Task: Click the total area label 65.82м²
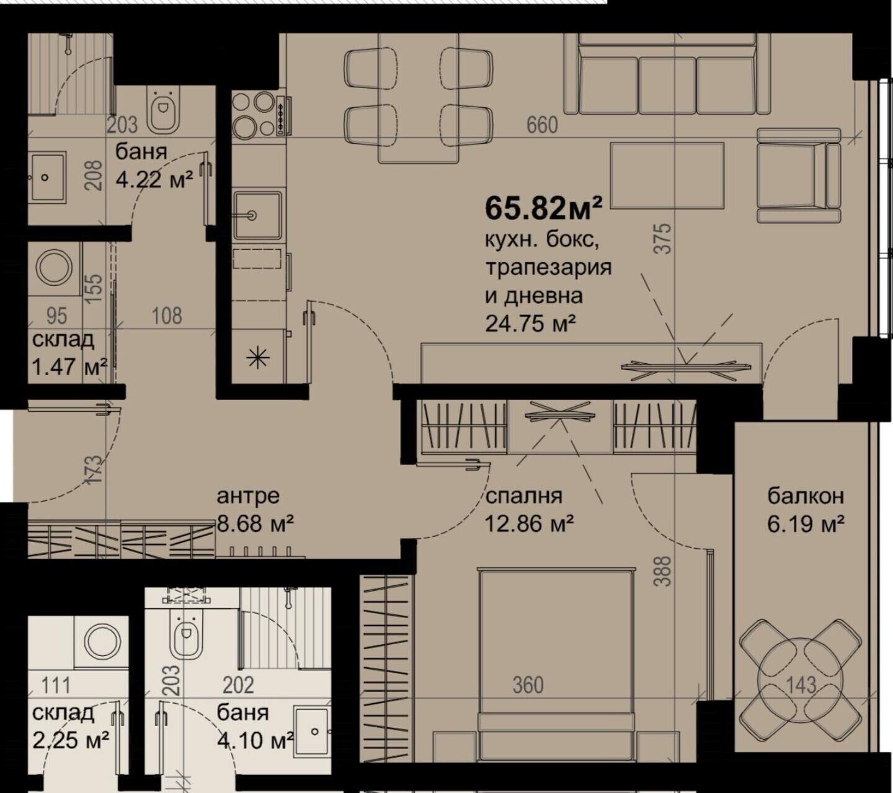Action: [x=543, y=208]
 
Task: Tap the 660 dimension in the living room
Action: [x=542, y=125]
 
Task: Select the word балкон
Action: [x=806, y=496]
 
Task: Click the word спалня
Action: [x=523, y=497]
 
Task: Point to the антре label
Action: [x=248, y=497]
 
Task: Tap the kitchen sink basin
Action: [x=257, y=215]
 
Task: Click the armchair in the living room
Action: [x=799, y=175]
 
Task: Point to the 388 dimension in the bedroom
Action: [x=662, y=570]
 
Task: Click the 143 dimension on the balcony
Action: [x=801, y=686]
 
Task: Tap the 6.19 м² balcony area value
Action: [x=806, y=525]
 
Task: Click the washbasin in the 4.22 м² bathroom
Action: [x=48, y=178]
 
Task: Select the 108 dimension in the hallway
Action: [x=167, y=316]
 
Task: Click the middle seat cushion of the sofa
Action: [x=667, y=85]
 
